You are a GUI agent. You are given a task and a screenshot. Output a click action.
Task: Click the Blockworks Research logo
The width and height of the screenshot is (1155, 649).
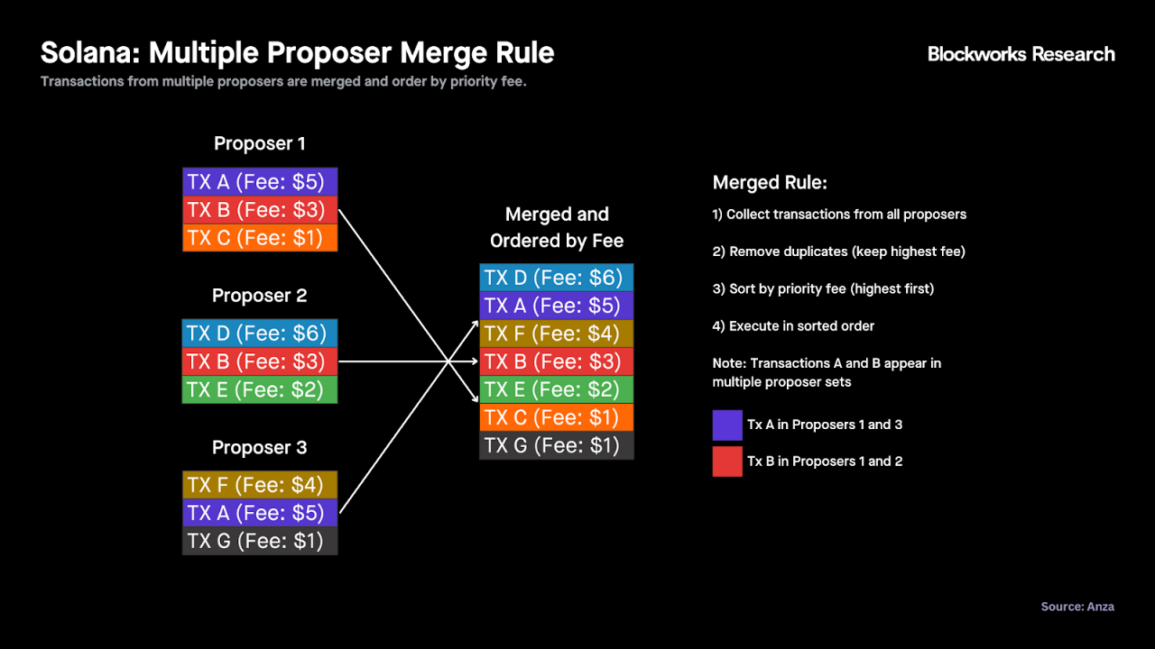1021,54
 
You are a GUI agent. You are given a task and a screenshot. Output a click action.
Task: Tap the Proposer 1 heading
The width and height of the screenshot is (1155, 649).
259,143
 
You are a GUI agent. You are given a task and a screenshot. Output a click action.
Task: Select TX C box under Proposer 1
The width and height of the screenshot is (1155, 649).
260,237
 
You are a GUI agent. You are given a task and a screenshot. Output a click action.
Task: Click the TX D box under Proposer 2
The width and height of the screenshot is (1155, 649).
260,333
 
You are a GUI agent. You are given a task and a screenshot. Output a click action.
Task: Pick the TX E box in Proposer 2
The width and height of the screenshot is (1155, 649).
260,389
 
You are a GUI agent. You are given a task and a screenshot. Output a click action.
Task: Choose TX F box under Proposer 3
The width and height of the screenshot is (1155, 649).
260,485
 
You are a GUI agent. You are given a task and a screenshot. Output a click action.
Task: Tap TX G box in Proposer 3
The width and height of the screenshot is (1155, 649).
260,541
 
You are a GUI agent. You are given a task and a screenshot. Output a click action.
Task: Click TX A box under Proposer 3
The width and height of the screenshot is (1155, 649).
260,513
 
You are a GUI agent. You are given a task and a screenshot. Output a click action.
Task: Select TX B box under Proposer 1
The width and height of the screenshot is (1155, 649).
260,210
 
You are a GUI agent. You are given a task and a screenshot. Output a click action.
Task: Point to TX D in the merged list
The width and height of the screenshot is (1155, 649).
557,278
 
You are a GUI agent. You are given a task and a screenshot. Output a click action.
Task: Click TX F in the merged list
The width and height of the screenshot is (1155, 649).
557,334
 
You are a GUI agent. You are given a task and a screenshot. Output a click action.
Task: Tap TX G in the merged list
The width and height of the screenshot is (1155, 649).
557,445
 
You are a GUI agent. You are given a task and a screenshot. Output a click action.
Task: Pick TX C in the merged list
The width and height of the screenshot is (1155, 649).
557,417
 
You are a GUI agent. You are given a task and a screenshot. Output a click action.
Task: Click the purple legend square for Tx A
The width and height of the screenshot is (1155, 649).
727,425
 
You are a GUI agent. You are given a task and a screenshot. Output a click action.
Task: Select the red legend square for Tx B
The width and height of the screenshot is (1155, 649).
727,462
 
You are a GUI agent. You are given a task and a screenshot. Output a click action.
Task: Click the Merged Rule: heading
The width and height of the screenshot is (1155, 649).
770,182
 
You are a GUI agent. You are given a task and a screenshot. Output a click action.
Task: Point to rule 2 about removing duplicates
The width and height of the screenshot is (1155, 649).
839,251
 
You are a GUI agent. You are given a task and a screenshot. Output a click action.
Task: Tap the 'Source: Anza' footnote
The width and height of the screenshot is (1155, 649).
1077,607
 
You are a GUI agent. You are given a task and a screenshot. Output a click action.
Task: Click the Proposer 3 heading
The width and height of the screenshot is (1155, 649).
259,447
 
